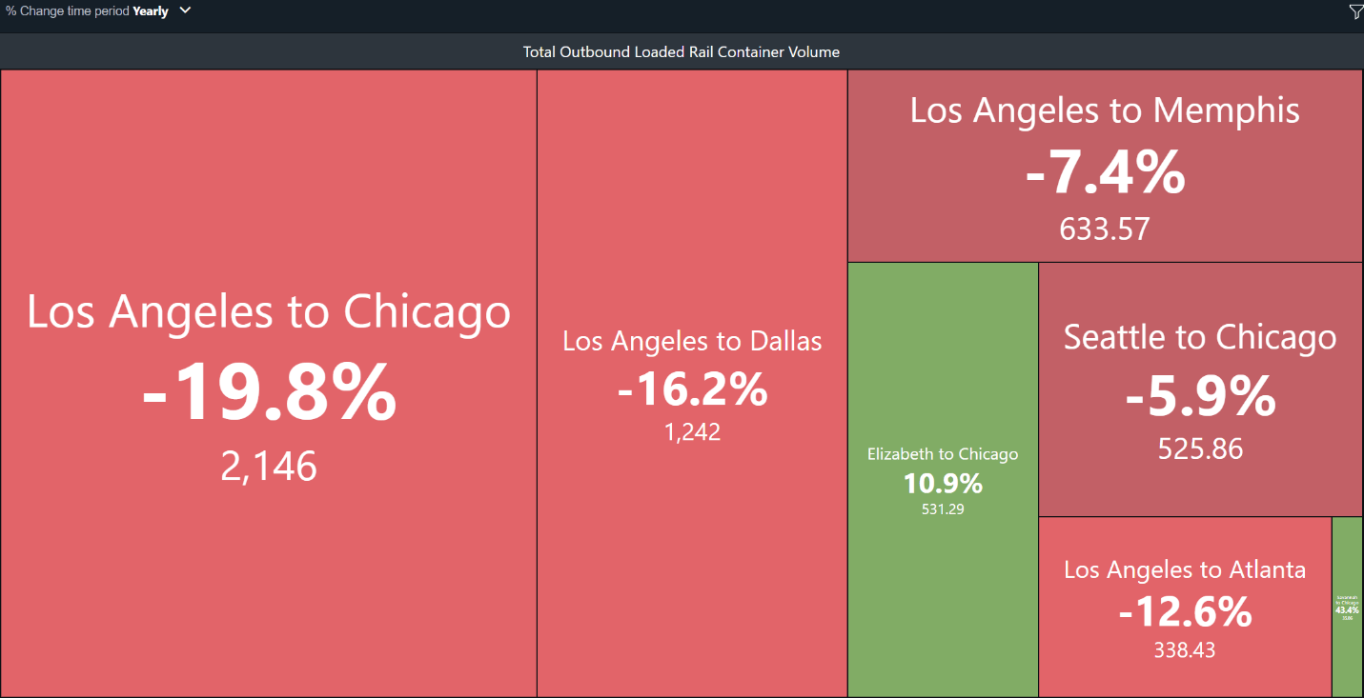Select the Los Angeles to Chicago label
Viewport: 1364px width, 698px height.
pos(269,311)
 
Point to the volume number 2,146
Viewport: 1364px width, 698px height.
pos(269,467)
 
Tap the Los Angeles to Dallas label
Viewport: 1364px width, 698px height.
pos(692,341)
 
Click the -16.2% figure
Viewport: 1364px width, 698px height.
pos(692,389)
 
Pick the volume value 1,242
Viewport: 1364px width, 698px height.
pos(692,432)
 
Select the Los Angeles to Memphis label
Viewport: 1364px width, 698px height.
pos(1105,110)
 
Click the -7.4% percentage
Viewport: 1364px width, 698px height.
pos(1105,174)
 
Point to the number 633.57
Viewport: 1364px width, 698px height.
pos(1105,229)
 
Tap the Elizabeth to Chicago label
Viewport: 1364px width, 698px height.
pos(943,454)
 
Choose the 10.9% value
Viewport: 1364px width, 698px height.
pos(943,484)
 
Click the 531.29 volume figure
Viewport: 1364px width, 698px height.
pos(943,509)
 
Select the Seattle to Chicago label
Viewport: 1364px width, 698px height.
pos(1200,337)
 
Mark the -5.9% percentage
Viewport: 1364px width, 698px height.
pos(1200,397)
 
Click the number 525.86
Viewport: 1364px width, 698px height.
pos(1200,449)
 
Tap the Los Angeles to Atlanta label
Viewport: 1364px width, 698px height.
pos(1185,569)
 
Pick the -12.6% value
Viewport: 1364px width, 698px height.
pos(1185,612)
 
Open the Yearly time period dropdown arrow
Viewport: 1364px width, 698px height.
pos(185,10)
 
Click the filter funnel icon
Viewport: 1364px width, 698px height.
pos(1355,11)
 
